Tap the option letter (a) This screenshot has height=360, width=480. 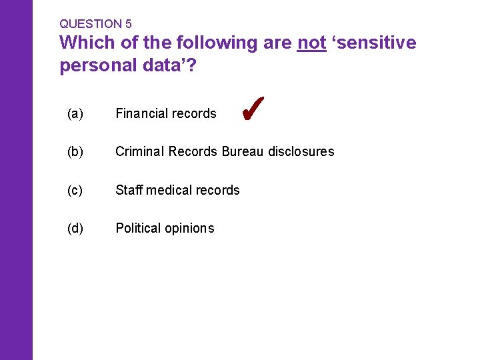(75, 114)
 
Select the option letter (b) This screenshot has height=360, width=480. (75, 152)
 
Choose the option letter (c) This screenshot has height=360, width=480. (75, 190)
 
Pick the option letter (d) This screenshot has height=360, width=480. (75, 228)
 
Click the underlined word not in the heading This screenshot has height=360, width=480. (311, 43)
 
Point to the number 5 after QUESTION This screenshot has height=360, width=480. (128, 24)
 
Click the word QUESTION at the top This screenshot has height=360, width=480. (91, 24)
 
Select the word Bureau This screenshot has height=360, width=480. (243, 152)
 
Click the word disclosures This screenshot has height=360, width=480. (301, 152)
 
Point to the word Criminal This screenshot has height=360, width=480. (140, 152)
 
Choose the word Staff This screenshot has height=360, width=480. (129, 190)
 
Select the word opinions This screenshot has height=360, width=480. (189, 229)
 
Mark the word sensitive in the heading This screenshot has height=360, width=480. (377, 43)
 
